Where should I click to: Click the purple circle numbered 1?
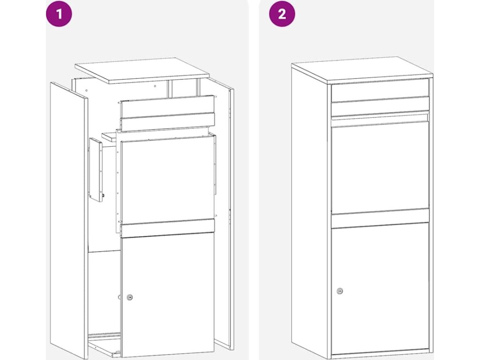(x=59, y=14)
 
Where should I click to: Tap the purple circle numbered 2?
(x=282, y=14)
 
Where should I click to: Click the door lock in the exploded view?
(x=130, y=297)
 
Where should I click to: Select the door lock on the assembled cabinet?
(x=340, y=291)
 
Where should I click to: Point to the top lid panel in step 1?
(x=142, y=70)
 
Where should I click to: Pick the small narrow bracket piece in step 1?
(x=96, y=170)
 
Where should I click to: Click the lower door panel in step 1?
(x=167, y=294)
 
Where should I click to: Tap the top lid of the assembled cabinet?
(x=362, y=70)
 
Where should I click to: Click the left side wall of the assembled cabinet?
(x=309, y=211)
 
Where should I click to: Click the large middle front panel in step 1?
(x=168, y=180)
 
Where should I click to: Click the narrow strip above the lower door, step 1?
(x=167, y=228)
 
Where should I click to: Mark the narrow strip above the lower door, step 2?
(x=380, y=218)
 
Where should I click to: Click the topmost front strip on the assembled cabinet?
(x=380, y=90)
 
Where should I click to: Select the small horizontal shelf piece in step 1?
(x=110, y=137)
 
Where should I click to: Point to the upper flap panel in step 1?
(x=167, y=113)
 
